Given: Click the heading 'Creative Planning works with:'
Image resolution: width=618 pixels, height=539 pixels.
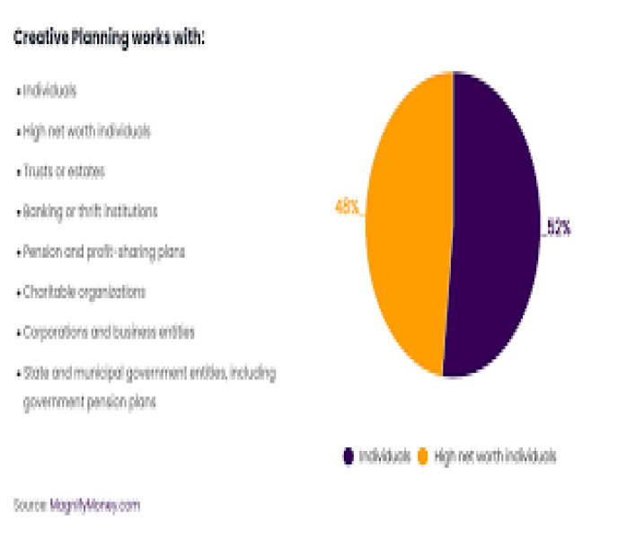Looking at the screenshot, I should point(109,39).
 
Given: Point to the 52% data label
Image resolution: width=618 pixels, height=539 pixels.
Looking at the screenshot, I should point(558,228).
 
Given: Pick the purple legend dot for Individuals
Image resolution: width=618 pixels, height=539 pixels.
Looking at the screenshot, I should point(348,456).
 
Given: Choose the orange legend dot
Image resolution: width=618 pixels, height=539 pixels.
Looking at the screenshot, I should point(422,456).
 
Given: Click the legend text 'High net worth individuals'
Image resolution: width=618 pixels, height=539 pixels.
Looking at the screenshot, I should point(495,456).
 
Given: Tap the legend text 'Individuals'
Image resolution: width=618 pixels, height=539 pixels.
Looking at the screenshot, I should point(384,456).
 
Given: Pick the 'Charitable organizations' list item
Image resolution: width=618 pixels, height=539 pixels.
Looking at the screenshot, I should point(83,293).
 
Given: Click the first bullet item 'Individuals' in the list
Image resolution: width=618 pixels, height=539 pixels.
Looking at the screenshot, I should point(49,91).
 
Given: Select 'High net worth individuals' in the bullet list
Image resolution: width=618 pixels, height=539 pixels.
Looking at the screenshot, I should point(86,131).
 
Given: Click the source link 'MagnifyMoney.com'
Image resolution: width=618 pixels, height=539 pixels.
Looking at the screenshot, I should point(94,505).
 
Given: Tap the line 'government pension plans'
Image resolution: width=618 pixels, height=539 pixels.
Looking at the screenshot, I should point(89,402).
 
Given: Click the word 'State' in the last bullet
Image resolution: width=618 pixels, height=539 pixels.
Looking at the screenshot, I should point(34,372).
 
